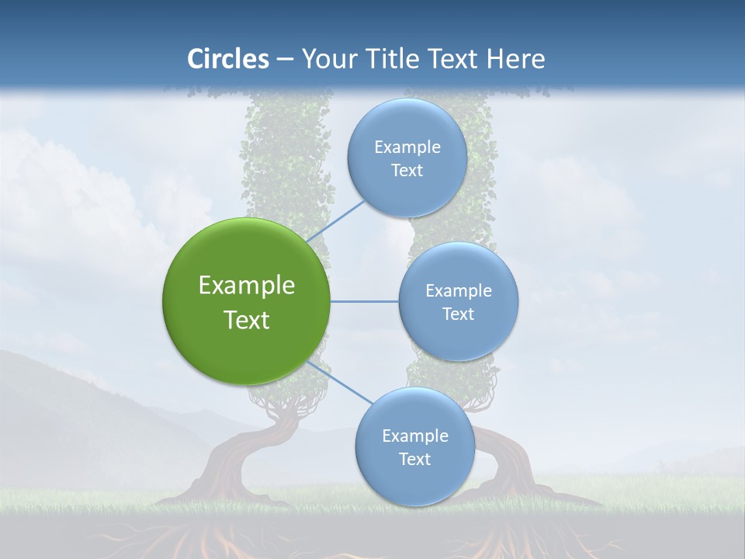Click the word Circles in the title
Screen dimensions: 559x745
[x=227, y=59]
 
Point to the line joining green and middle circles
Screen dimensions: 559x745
[x=364, y=301]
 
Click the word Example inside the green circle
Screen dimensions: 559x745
[x=246, y=286]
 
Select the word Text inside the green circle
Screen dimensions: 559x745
[x=246, y=320]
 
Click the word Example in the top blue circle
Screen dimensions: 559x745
[x=407, y=148]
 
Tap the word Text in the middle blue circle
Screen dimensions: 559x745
[x=458, y=314]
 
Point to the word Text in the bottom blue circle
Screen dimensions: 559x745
[x=414, y=460]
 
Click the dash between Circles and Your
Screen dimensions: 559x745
[x=285, y=59]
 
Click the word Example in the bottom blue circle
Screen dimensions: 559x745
[x=414, y=436]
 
